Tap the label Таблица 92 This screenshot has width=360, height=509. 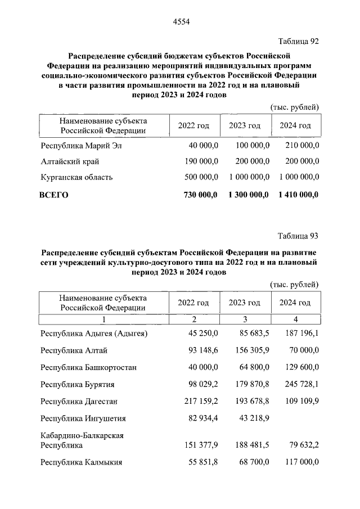click(x=299, y=41)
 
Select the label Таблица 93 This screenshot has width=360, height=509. click(x=299, y=235)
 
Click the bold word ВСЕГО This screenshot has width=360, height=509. click(x=53, y=195)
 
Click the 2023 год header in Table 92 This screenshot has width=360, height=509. click(x=244, y=125)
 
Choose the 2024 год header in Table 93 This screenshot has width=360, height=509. click(x=295, y=303)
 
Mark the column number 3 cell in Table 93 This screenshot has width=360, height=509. click(x=245, y=319)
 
